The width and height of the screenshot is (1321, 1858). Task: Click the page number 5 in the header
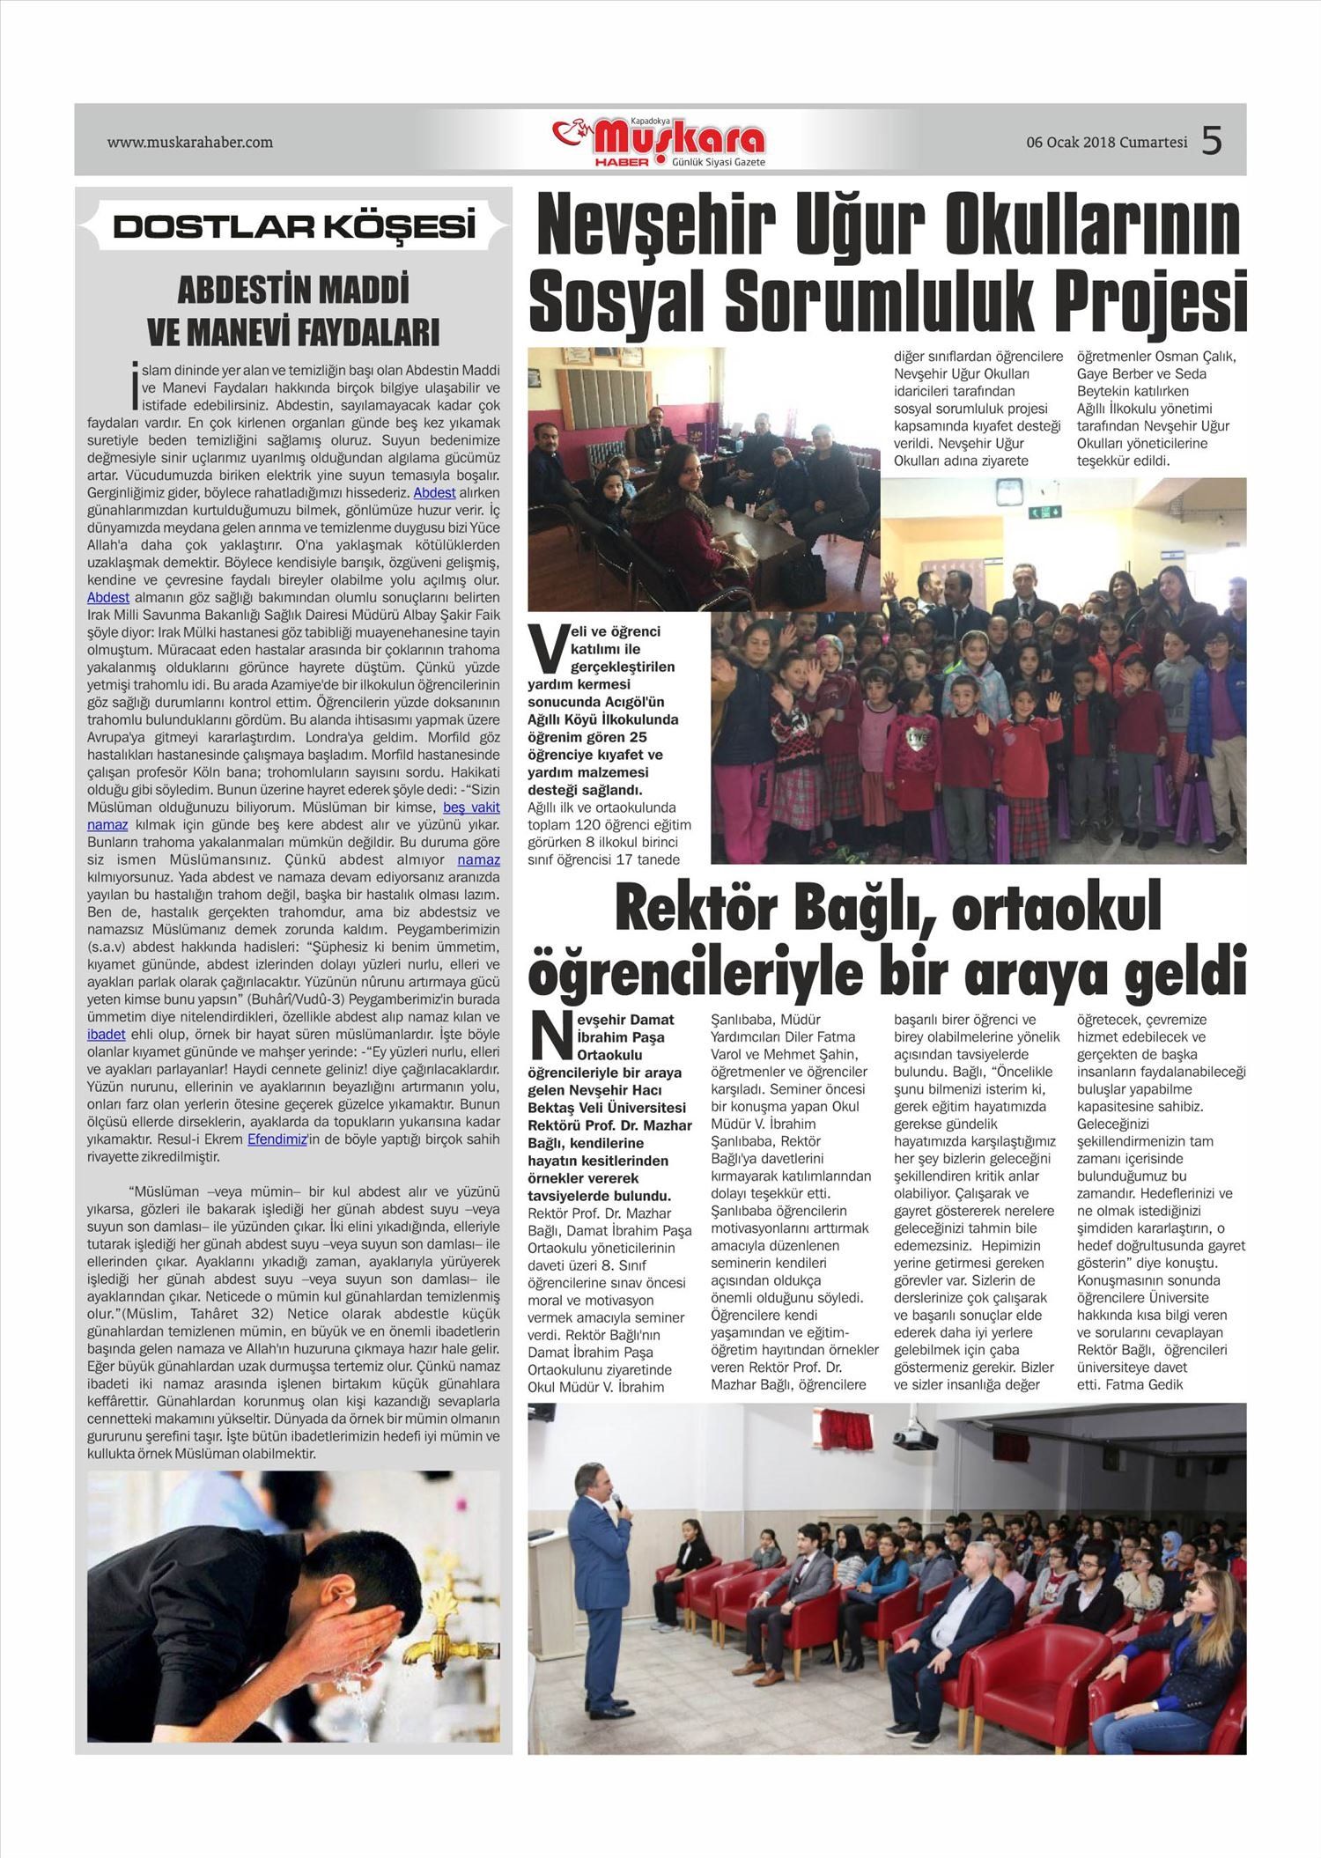point(1212,141)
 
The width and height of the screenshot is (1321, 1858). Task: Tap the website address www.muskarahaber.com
point(189,142)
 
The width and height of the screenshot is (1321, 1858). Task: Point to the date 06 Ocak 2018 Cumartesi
point(1106,143)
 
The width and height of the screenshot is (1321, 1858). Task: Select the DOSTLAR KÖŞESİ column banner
point(294,227)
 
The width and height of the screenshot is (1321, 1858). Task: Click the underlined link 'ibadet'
point(107,1034)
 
